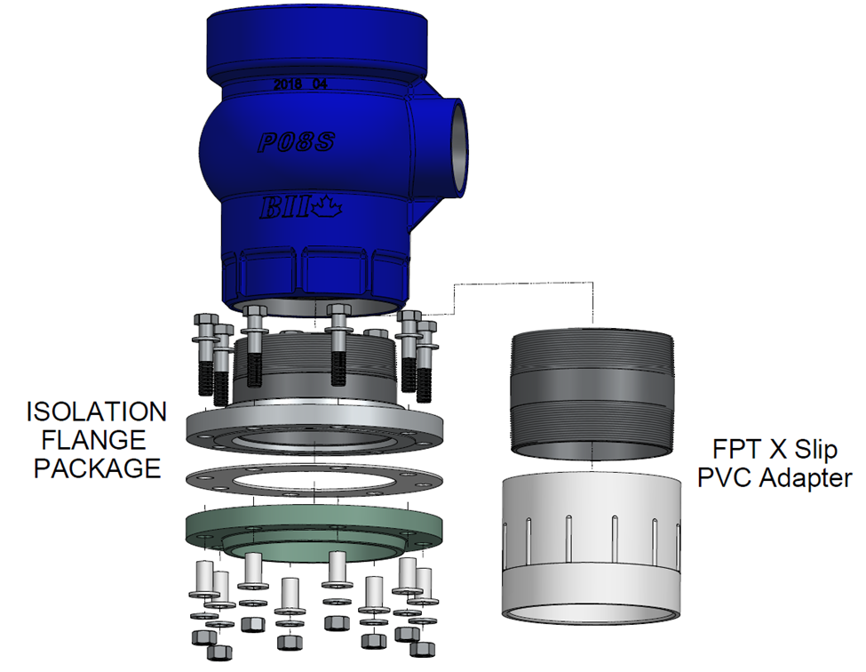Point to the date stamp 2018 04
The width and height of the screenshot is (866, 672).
[301, 84]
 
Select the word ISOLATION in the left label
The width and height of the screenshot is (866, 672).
[97, 412]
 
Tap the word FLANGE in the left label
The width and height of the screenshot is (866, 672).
[97, 440]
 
